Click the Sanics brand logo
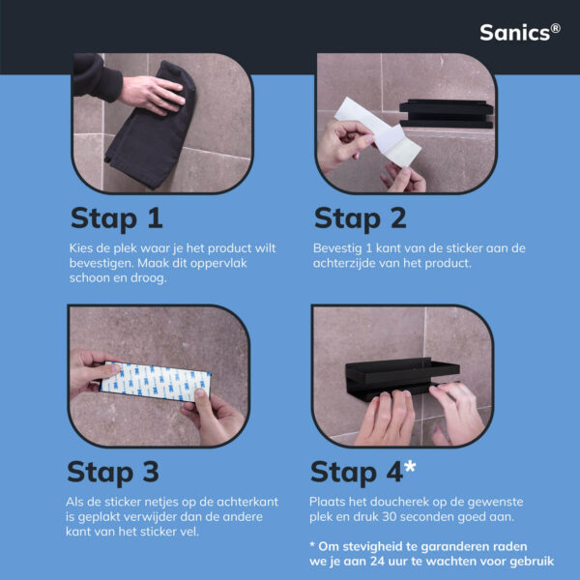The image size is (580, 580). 520,33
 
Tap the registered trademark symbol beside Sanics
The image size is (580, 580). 555,28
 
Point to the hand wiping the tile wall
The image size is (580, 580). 153,95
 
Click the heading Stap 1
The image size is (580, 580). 117,219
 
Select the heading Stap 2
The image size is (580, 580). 360,219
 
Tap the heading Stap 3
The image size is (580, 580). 113,473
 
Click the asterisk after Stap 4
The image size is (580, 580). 410,467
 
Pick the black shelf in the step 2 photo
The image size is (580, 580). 446,113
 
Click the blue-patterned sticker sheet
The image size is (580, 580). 156,382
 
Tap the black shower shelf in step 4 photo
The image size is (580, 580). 402,377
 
